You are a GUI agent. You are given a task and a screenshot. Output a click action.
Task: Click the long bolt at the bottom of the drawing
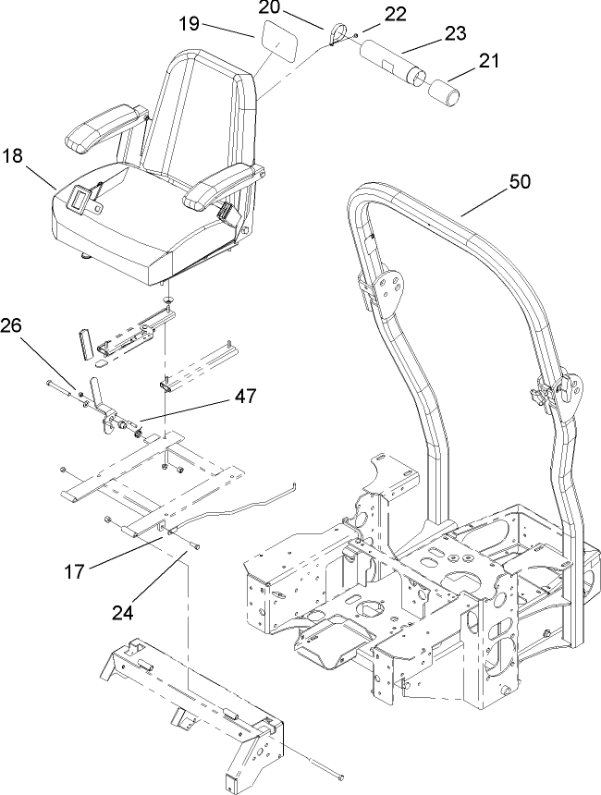[314, 767]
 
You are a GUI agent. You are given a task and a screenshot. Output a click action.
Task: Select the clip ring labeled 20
[338, 35]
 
